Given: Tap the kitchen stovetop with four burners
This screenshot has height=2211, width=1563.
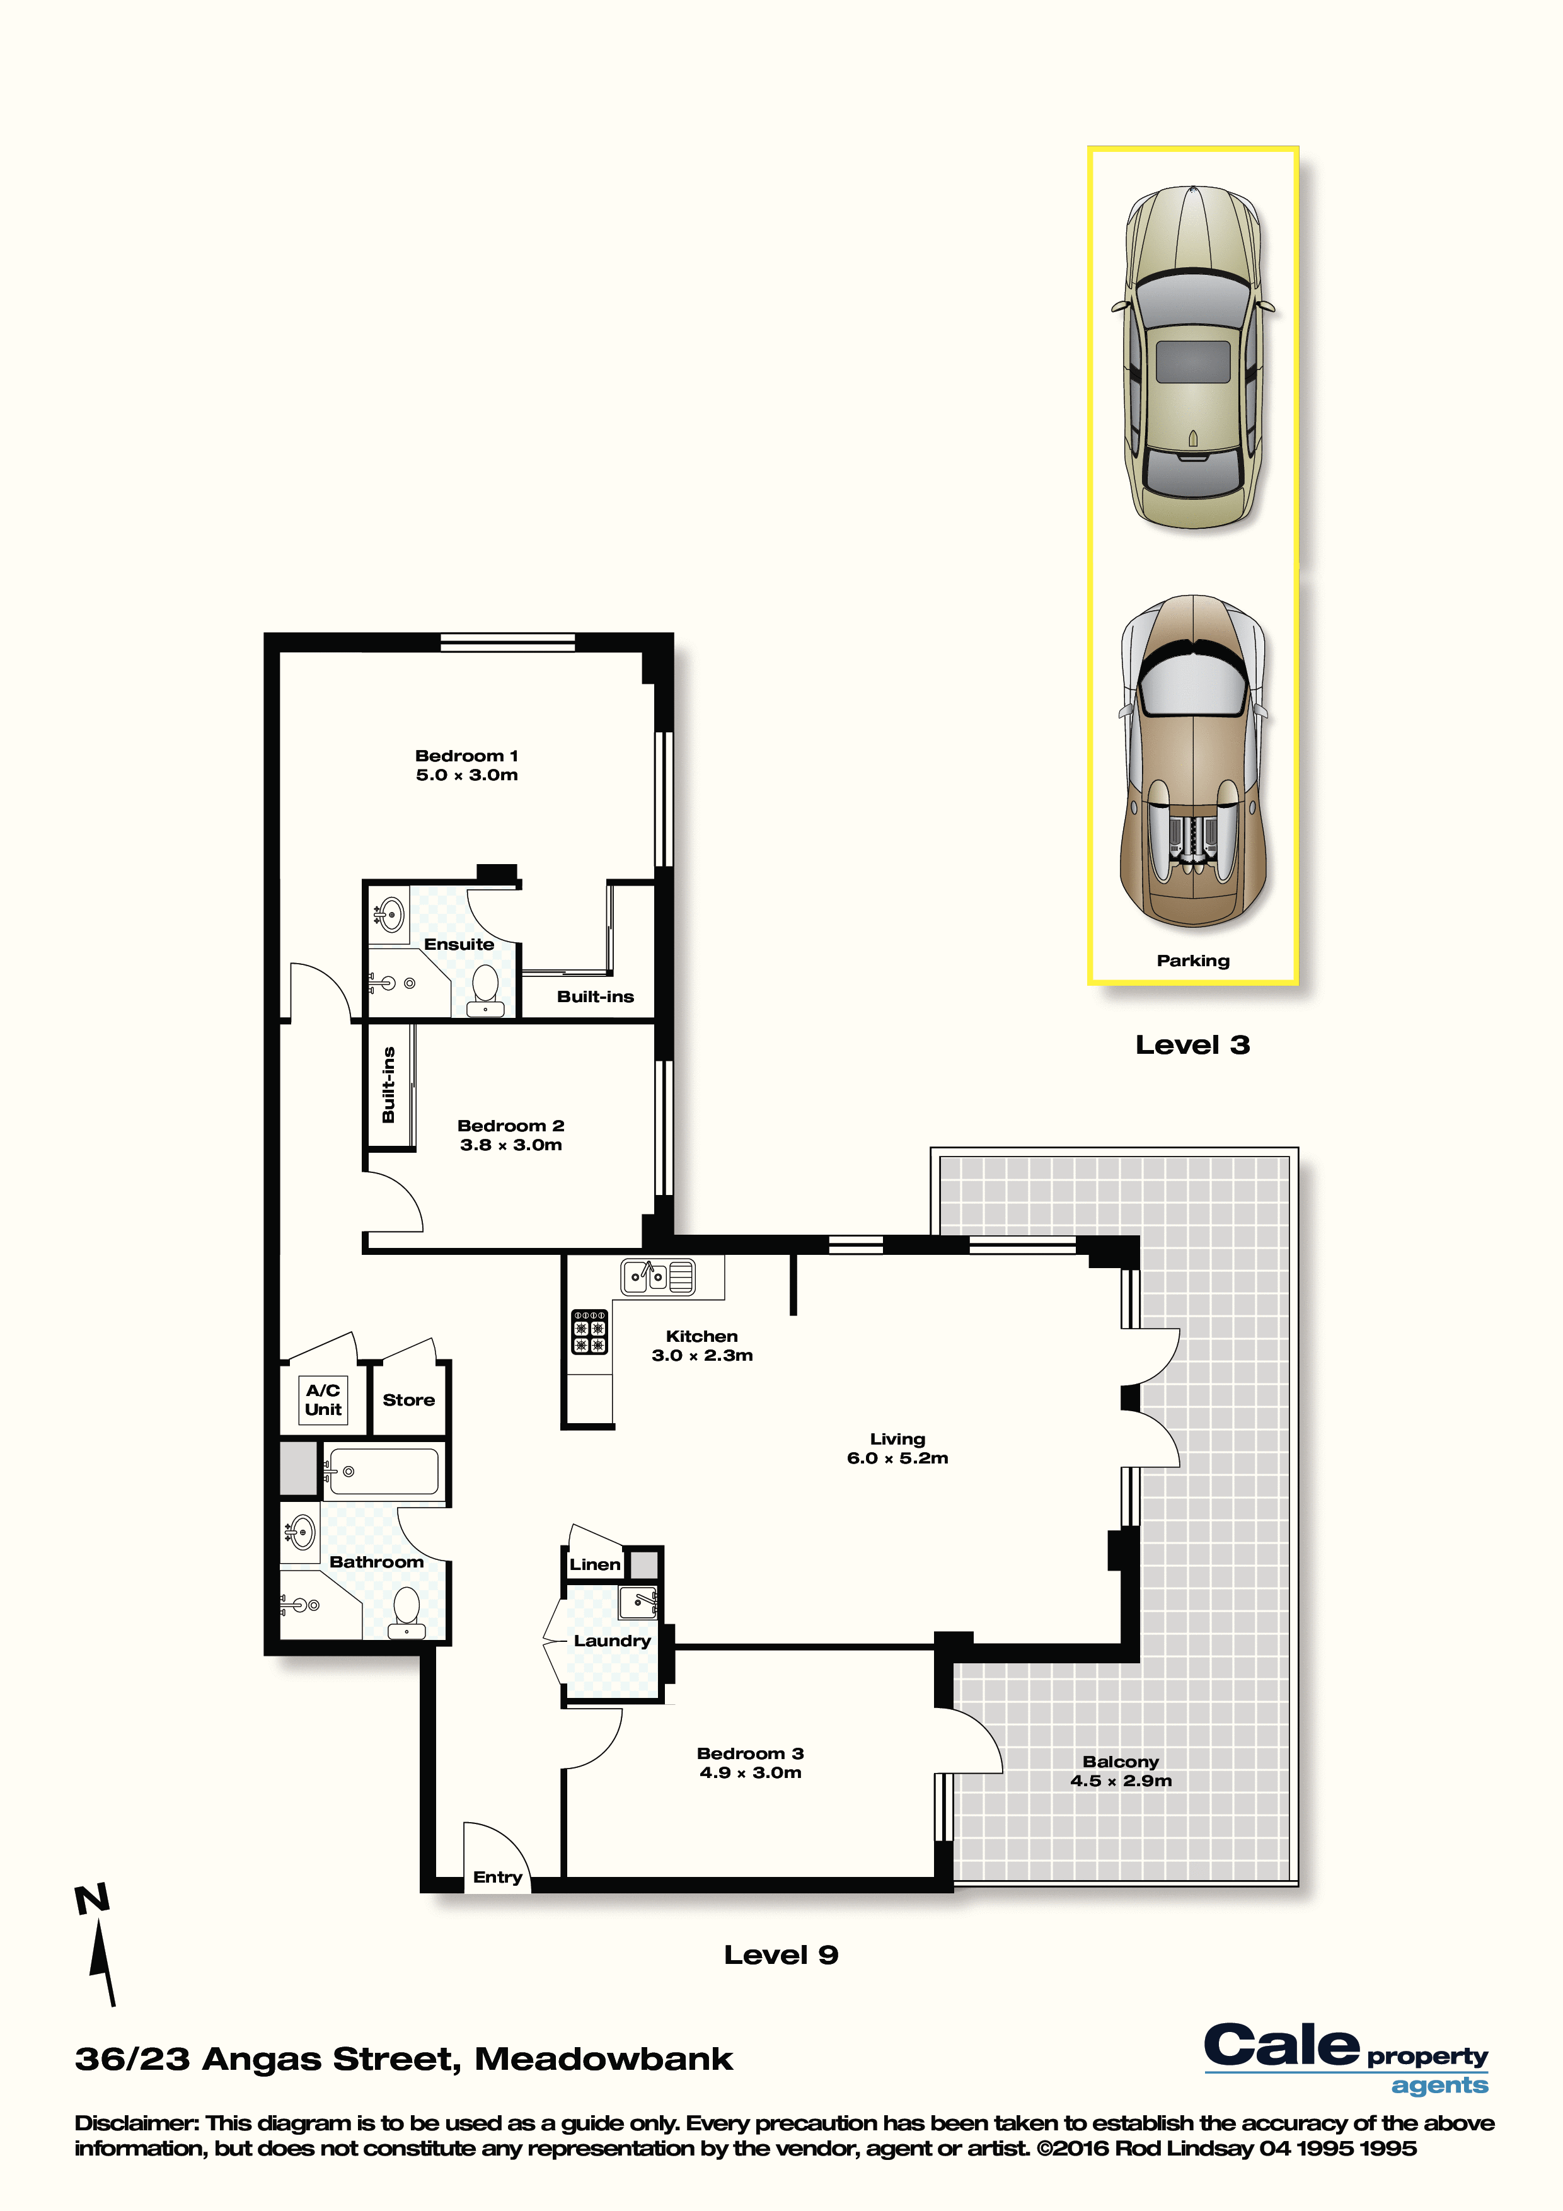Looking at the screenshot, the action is point(589,1331).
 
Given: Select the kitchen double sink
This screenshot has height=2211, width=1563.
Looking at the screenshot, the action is point(658,1277).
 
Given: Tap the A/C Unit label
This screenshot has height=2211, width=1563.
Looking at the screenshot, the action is point(323,1400).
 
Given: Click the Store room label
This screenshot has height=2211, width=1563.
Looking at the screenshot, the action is point(409,1400).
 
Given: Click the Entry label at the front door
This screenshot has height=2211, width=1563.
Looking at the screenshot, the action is point(498,1877).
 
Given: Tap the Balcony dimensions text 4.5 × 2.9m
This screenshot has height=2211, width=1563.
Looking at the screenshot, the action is point(1121,1781).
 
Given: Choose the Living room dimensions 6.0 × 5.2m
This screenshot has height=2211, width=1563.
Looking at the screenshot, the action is point(897,1458).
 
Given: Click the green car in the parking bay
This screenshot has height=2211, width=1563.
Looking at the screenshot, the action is point(1193,357).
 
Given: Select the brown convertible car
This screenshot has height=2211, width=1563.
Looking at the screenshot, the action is point(1193,761).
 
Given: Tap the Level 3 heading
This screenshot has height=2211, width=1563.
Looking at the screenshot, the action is point(1192,1045).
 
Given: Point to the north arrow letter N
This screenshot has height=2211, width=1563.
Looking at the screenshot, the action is point(93,1900).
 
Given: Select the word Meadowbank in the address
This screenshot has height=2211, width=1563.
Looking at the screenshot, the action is point(604,2060).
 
